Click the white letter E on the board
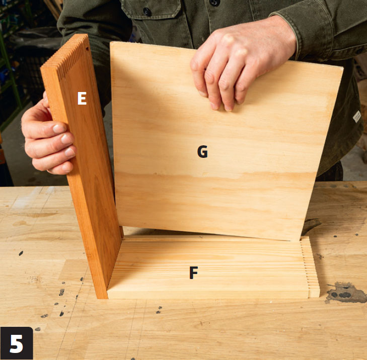tap(82, 98)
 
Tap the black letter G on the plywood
tap(202, 151)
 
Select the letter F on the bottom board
tap(193, 273)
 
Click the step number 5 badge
tap(17, 343)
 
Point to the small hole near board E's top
tap(87, 49)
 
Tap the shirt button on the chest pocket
tap(147, 11)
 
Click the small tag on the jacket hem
tap(357, 116)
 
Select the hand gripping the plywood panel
tap(241, 63)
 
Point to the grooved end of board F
tap(310, 266)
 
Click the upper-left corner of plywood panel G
tap(110, 43)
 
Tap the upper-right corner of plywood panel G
tap(343, 68)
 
